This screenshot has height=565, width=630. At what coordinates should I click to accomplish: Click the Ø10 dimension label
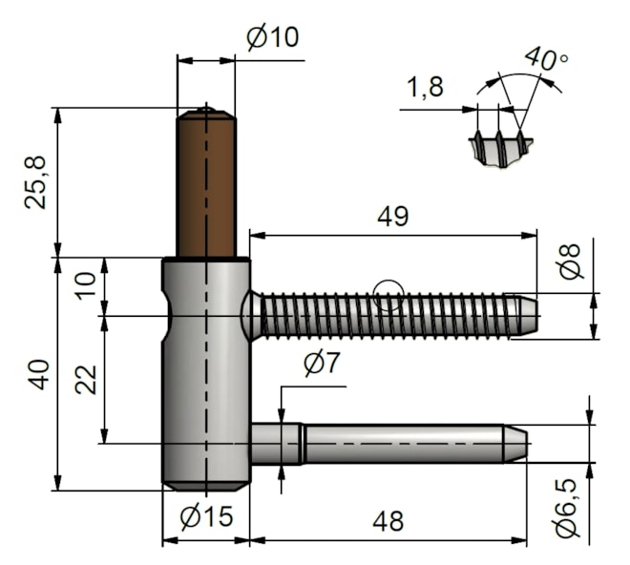coord(272,38)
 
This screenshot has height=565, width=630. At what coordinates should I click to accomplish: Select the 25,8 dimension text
coord(35,181)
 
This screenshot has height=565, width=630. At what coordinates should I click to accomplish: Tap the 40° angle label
coord(546,59)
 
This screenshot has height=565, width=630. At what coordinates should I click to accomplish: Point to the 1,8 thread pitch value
coord(425,88)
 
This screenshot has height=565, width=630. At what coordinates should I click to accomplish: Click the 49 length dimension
coord(392,217)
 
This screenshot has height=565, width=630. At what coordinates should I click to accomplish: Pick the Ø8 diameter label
coord(569,262)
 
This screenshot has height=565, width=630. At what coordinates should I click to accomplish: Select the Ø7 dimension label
coord(322,364)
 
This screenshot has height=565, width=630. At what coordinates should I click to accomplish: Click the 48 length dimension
coord(388,521)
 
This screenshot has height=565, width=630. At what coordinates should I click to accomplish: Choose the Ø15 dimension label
coord(206,517)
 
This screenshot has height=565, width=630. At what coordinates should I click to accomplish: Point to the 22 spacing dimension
coord(87,379)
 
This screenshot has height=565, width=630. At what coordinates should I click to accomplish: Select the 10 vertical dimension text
coord(87,285)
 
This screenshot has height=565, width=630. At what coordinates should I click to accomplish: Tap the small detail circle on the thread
coord(388,296)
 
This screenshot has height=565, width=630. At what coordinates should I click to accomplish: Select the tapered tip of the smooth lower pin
coord(515,444)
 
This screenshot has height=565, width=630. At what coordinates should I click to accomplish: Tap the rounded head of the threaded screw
coord(250,315)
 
